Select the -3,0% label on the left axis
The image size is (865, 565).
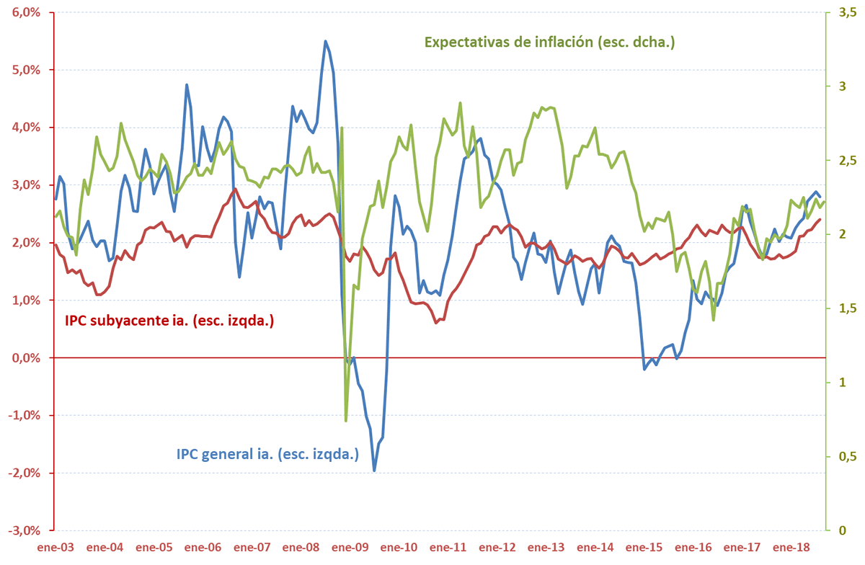27,530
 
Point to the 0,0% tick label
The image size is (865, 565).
29,358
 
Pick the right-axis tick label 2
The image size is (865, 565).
838,235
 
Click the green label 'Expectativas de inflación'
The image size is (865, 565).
549,42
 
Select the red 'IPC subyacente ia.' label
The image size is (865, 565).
169,321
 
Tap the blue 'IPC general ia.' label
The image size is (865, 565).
267,455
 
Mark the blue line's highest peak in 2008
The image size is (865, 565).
325,41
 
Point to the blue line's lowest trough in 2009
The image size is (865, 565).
374,471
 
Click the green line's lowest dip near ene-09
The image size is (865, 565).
346,420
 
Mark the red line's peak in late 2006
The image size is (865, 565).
236,189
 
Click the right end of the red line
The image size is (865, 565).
820,260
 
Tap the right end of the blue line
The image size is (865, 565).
820,197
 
